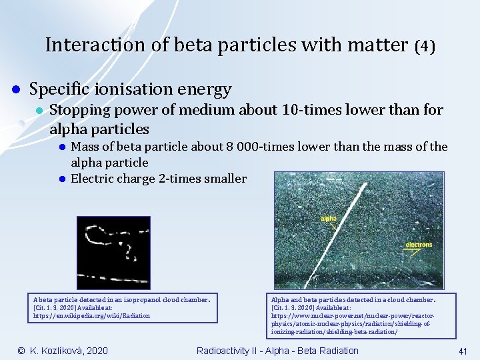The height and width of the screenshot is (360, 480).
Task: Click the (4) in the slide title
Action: tap(424, 46)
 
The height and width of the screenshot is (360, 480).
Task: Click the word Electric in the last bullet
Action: tap(93, 179)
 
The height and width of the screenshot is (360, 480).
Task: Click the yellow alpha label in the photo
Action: tap(329, 218)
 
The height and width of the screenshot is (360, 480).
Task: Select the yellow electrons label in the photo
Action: tap(419, 245)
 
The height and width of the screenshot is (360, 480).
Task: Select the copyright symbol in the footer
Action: tap(21, 351)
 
